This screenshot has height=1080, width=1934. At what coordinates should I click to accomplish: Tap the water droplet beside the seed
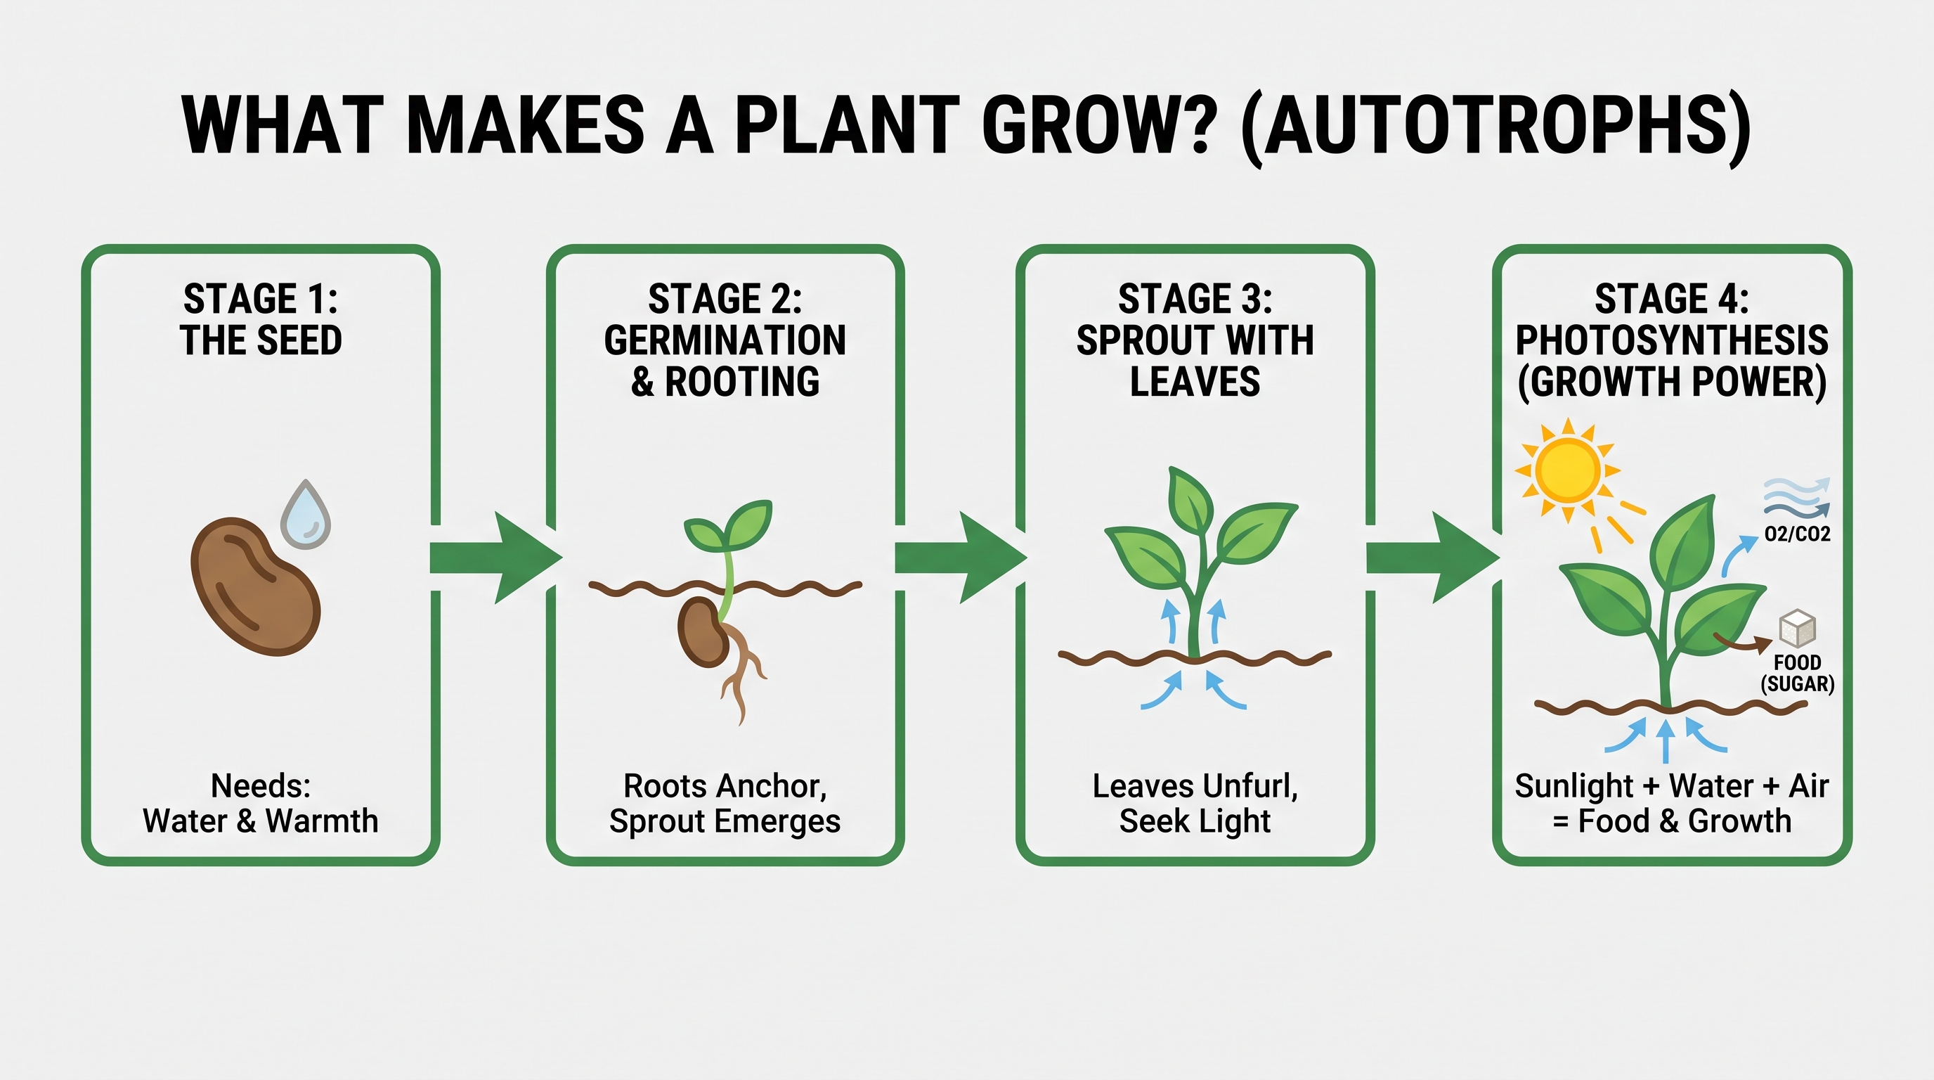pyautogui.click(x=306, y=515)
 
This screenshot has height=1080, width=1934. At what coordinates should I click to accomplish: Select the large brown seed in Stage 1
pyautogui.click(x=255, y=586)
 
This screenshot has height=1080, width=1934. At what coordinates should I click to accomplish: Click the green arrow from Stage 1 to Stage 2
pyautogui.click(x=496, y=558)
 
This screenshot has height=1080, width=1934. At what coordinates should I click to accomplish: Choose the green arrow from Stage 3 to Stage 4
pyautogui.click(x=1433, y=558)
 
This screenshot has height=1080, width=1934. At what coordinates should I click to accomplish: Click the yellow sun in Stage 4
pyautogui.click(x=1567, y=471)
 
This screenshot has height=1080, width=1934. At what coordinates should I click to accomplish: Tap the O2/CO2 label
pyautogui.click(x=1798, y=534)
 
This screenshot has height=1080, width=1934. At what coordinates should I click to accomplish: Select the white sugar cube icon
pyautogui.click(x=1798, y=629)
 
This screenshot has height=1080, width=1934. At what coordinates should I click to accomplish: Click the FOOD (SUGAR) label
pyautogui.click(x=1798, y=673)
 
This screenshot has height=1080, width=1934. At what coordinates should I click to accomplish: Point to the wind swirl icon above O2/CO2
pyautogui.click(x=1796, y=498)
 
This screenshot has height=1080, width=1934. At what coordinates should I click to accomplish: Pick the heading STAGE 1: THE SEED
pyautogui.click(x=261, y=319)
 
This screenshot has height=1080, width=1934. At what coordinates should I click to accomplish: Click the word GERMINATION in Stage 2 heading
pyautogui.click(x=725, y=340)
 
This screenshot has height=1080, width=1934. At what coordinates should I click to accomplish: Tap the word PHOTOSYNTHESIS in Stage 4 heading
pyautogui.click(x=1672, y=340)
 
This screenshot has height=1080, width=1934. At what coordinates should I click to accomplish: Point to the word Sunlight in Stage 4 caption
pyautogui.click(x=1574, y=787)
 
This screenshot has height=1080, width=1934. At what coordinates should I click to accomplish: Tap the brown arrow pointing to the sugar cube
pyautogui.click(x=1742, y=641)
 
